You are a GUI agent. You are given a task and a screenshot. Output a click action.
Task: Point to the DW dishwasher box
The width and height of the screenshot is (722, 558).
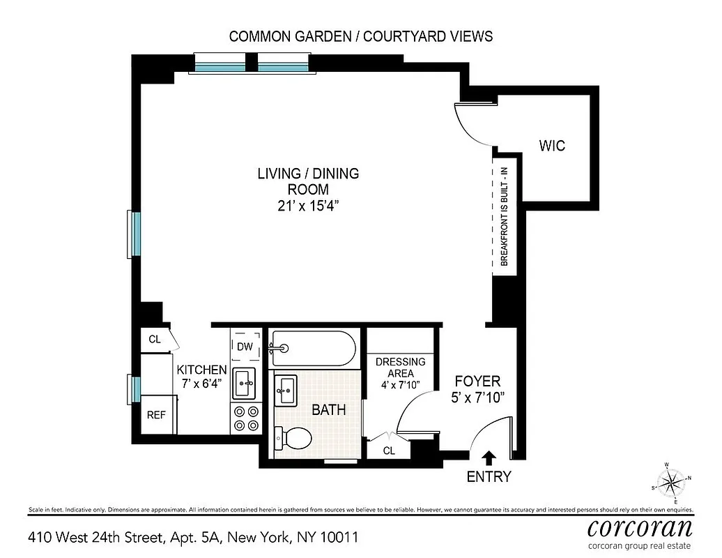[245, 346]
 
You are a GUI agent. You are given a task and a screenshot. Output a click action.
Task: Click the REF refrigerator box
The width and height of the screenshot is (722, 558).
[156, 414]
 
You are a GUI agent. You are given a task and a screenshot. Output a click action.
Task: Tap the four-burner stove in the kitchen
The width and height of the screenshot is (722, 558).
[245, 418]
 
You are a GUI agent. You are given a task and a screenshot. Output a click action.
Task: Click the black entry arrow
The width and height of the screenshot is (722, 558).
[489, 458]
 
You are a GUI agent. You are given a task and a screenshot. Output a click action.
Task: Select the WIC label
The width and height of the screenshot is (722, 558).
[552, 146]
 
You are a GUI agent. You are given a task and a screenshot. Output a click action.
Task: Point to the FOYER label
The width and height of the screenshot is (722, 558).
[477, 382]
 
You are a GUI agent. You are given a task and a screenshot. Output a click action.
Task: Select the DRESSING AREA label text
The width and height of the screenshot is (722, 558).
[400, 368]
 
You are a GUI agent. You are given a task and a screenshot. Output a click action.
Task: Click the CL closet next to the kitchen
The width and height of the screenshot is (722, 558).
[155, 340]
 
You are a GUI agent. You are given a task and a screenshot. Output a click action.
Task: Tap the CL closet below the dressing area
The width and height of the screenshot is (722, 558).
[389, 451]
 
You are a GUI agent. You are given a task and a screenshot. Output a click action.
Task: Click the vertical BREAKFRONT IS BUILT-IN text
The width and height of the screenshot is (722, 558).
[504, 215]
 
